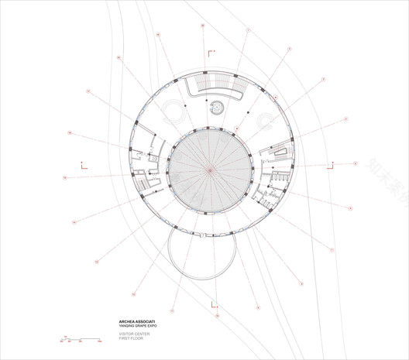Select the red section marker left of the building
(83, 163)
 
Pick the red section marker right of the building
(331, 164)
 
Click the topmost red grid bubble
(203, 26)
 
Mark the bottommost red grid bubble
(218, 317)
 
